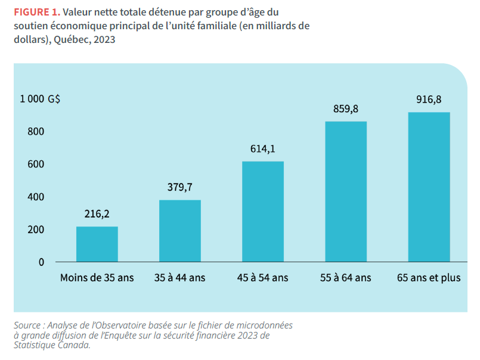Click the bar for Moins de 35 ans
97,244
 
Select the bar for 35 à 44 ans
179,231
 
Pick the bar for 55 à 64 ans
346,191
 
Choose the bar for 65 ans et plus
429,187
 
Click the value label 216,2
97,214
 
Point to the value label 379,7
179,187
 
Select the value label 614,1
263,149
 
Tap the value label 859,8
346,109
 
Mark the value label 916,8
429,100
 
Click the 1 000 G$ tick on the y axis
40,100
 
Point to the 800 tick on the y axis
36,132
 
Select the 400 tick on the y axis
36,197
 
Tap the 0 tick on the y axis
41,262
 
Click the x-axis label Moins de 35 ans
97,278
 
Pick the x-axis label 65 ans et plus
429,278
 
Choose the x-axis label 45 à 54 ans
263,278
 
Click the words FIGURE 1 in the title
36,12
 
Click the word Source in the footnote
29,325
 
